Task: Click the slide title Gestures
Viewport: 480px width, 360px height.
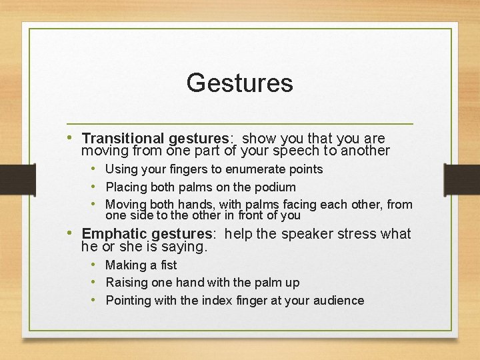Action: (239, 83)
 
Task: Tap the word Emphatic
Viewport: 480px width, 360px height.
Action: (114, 234)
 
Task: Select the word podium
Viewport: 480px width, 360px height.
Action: (275, 187)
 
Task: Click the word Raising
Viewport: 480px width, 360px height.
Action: (127, 283)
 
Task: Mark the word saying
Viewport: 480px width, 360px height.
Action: (187, 247)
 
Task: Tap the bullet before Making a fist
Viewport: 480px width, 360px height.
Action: (96, 265)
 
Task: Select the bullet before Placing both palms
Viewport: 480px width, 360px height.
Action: (96, 187)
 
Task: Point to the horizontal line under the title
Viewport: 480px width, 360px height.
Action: (240, 124)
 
